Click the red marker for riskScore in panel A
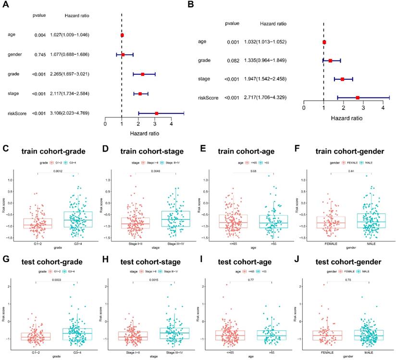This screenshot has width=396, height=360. click(x=156, y=113)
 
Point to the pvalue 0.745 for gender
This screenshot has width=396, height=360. click(x=39, y=55)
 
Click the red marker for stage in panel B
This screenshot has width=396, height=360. click(x=343, y=79)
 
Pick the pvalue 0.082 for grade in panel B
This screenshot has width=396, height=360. click(x=234, y=60)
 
